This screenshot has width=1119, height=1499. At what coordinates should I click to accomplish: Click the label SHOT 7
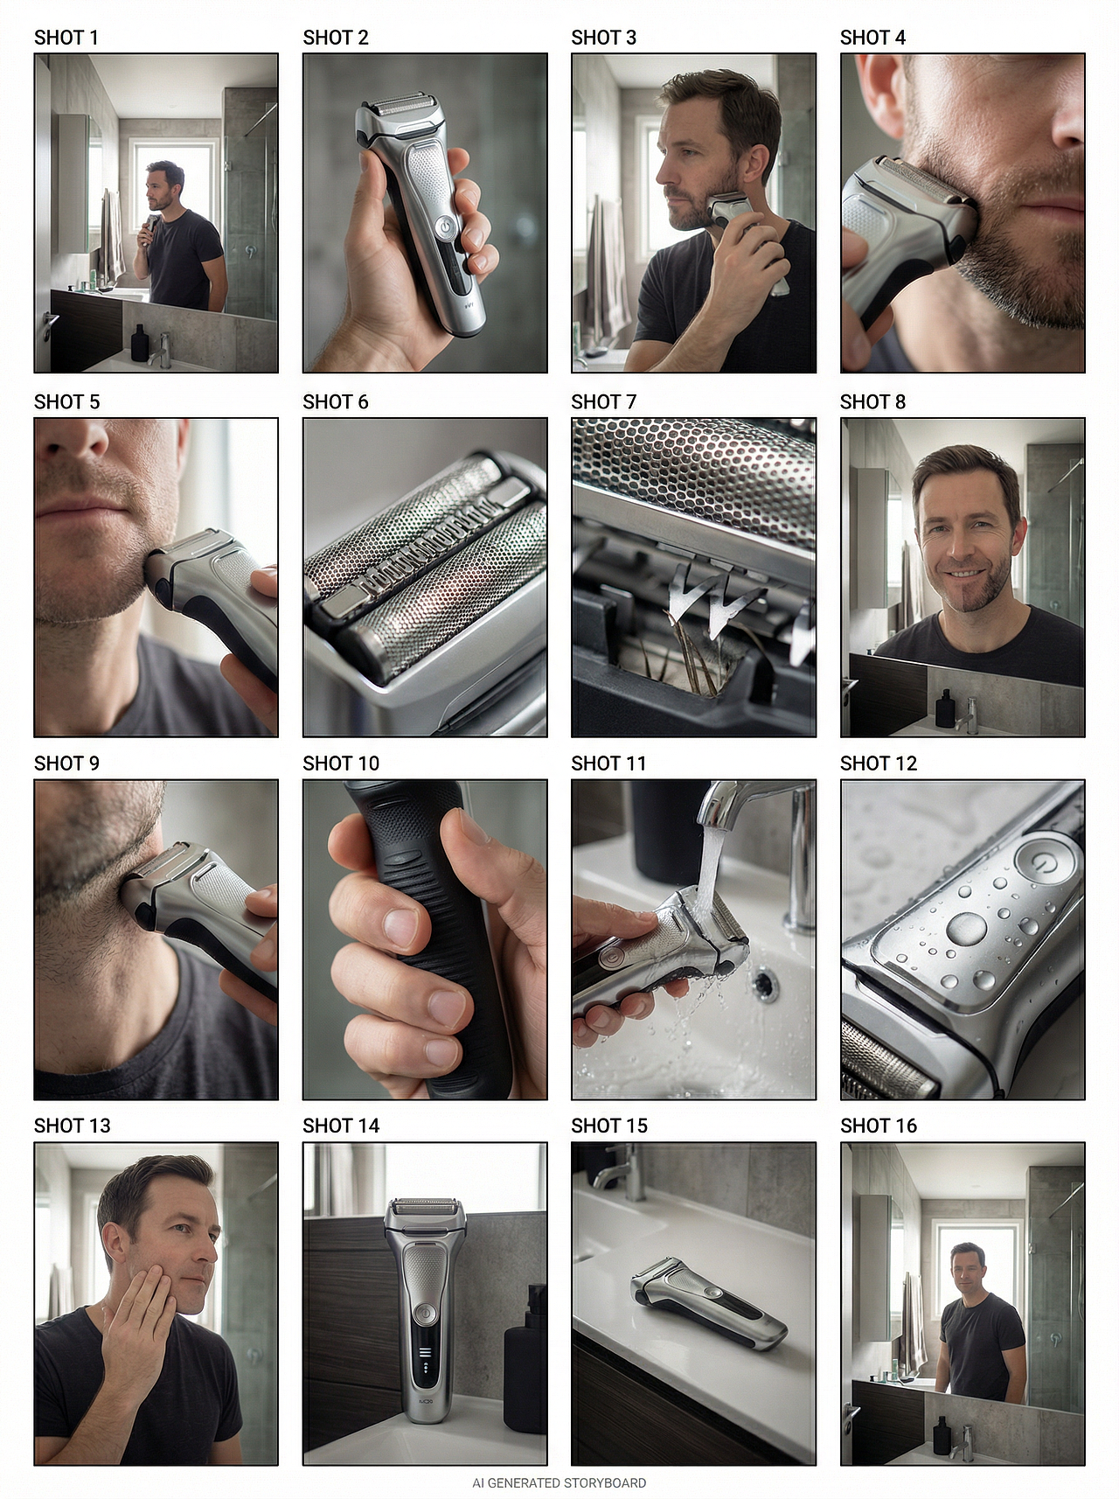click(603, 401)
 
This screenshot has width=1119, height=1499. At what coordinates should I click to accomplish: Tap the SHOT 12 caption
click(879, 763)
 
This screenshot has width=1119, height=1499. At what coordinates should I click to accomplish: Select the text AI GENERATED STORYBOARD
click(559, 1483)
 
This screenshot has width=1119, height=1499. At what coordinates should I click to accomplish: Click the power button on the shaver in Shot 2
click(445, 227)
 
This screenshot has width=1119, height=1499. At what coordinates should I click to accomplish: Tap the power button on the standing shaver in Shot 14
click(425, 1312)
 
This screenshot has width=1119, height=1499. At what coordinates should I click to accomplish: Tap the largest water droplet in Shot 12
click(966, 929)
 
